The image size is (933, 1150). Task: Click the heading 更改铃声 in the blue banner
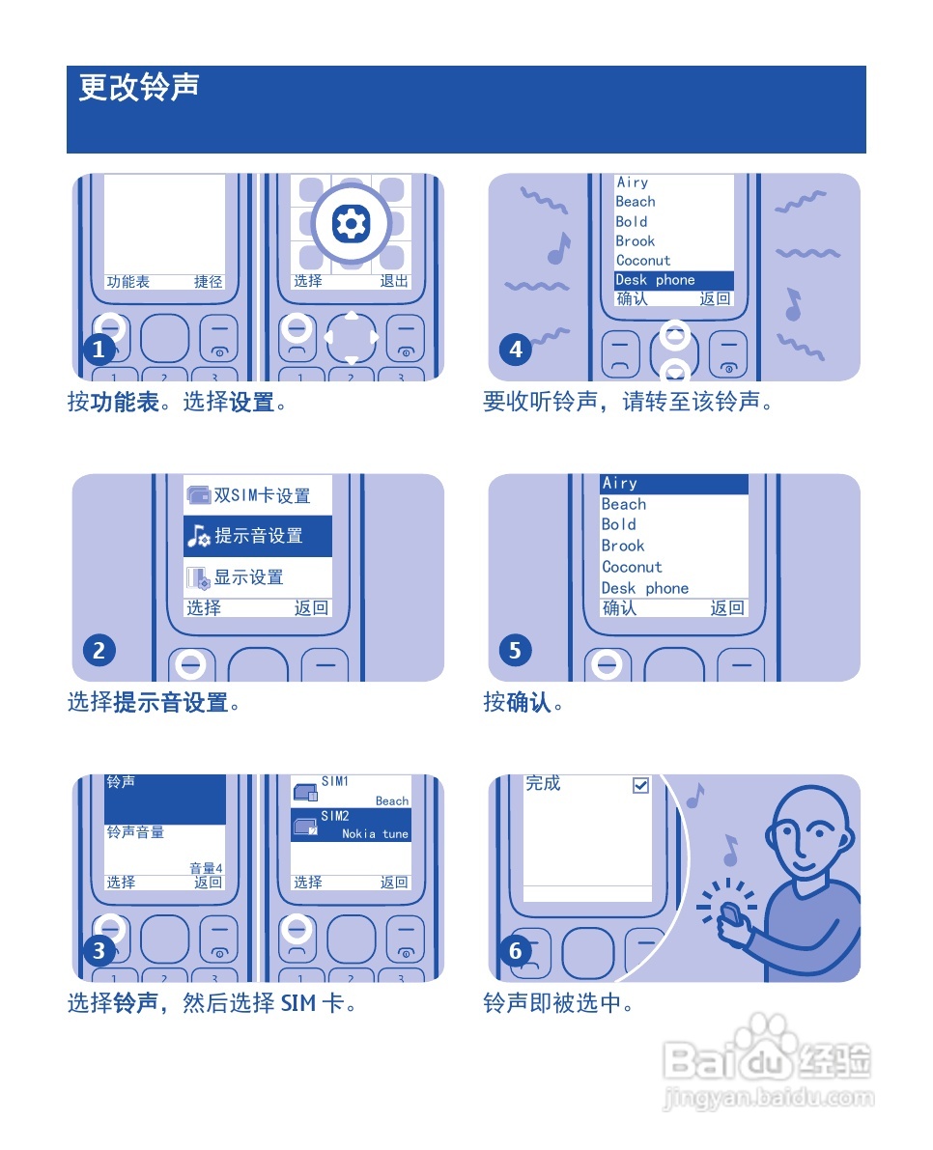139,87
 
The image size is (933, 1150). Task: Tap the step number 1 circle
99,350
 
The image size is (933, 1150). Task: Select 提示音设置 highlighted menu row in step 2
258,536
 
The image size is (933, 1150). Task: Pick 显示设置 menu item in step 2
248,577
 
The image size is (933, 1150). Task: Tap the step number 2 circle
99,651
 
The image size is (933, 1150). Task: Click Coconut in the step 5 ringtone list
632,567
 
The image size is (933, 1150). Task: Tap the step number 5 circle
515,651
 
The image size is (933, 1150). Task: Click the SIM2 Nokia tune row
352,826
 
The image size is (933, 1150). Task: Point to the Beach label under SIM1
392,801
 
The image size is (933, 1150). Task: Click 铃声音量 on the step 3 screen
135,831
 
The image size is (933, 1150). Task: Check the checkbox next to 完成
640,786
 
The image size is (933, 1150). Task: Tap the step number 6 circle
515,951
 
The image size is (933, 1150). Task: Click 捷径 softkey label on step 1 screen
208,282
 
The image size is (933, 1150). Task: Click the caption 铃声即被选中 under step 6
558,1003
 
